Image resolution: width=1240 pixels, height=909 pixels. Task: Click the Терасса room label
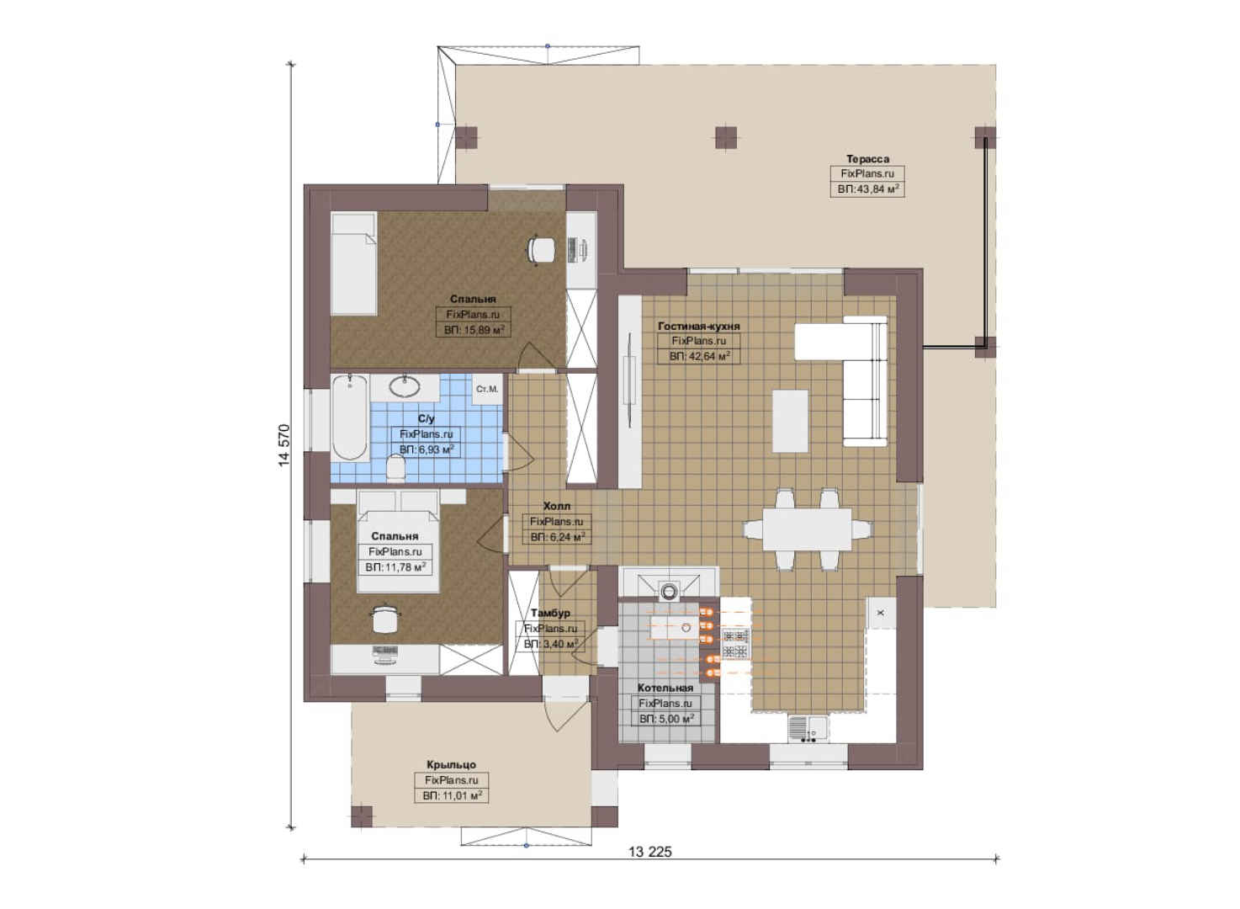point(867,159)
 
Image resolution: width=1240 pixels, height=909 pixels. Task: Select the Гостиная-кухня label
point(698,327)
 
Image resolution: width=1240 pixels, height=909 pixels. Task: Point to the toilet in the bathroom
point(395,467)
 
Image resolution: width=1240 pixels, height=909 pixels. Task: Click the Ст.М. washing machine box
point(487,390)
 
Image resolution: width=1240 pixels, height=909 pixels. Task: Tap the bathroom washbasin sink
point(404,386)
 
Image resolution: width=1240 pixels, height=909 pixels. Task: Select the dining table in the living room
point(807,529)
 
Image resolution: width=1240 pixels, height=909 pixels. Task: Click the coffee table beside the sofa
point(790,421)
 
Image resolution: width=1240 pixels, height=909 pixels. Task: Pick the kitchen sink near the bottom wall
point(808,728)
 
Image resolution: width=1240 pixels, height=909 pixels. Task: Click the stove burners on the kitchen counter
point(735,644)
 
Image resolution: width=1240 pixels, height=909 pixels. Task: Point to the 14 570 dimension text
point(284,444)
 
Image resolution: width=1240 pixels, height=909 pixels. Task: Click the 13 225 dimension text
point(650,852)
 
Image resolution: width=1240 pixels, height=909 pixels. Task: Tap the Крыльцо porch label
point(451,764)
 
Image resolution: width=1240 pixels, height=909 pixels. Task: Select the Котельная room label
point(665,688)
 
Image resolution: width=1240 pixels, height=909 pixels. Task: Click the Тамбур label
point(550,614)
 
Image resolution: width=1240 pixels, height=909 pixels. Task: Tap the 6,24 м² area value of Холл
point(558,537)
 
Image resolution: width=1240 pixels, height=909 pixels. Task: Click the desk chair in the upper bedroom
point(540,249)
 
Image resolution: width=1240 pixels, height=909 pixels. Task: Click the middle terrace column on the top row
point(726,137)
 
